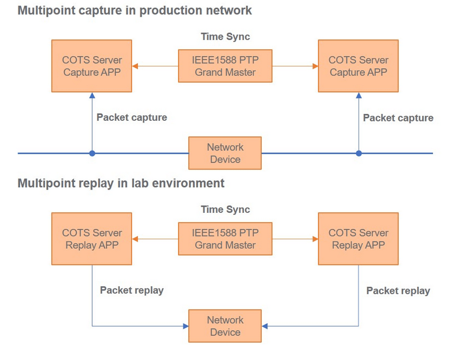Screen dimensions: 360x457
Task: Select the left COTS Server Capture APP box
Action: tap(92, 66)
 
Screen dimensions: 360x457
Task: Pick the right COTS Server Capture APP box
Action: tap(358, 66)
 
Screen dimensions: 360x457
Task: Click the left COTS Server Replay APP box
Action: tap(92, 239)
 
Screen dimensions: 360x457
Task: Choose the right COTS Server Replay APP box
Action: tap(358, 239)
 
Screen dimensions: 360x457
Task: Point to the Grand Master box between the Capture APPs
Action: tap(225, 66)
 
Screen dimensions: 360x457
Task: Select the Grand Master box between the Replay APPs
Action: tap(225, 239)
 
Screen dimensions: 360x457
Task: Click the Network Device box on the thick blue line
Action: tap(225, 153)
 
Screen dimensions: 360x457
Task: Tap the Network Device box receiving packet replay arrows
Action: tap(225, 326)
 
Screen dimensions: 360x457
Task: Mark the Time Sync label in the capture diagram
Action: tap(225, 37)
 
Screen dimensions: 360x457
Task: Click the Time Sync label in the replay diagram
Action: tap(225, 209)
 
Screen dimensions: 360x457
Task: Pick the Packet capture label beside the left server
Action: tap(132, 117)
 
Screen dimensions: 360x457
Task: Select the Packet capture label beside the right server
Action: tap(398, 118)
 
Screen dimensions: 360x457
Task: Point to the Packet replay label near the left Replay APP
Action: tap(132, 290)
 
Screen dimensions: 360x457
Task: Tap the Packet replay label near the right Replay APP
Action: tap(398, 291)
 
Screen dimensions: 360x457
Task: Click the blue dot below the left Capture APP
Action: tap(92, 153)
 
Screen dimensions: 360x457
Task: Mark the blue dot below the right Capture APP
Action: tap(358, 153)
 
